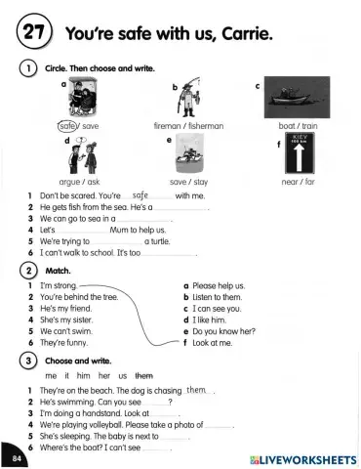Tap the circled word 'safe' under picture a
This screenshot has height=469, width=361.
(x=67, y=125)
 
